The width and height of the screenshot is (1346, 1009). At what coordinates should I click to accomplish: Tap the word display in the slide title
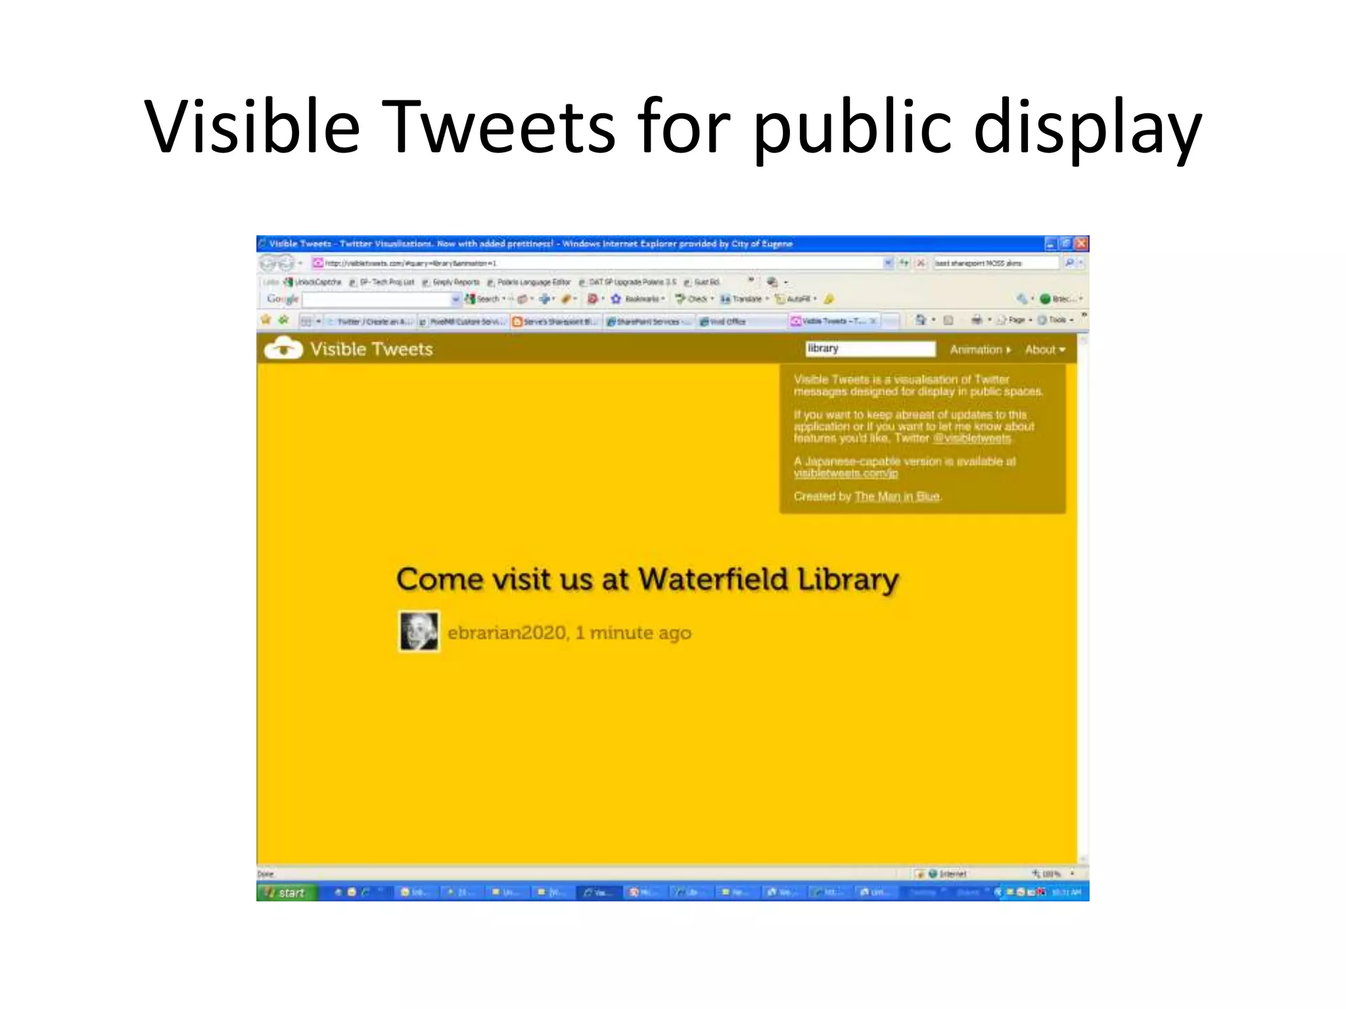click(x=1087, y=126)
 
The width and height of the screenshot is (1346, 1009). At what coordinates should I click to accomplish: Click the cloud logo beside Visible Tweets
click(x=283, y=348)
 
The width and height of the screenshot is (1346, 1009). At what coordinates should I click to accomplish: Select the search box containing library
click(x=870, y=349)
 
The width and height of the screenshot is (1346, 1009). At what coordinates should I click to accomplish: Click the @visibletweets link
click(x=972, y=438)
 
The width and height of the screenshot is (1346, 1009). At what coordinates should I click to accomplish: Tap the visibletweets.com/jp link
click(x=845, y=473)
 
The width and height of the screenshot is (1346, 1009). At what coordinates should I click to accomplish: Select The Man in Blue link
click(x=896, y=496)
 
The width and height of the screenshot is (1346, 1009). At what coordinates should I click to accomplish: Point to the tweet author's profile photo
click(x=419, y=631)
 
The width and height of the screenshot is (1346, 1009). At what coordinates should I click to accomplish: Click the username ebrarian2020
click(x=507, y=633)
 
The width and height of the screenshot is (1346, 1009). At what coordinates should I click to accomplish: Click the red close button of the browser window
click(x=1081, y=244)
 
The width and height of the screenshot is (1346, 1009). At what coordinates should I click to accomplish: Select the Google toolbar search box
click(x=378, y=300)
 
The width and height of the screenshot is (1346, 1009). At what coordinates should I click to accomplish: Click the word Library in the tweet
click(x=848, y=579)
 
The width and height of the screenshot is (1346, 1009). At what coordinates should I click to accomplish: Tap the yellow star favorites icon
click(x=266, y=320)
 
